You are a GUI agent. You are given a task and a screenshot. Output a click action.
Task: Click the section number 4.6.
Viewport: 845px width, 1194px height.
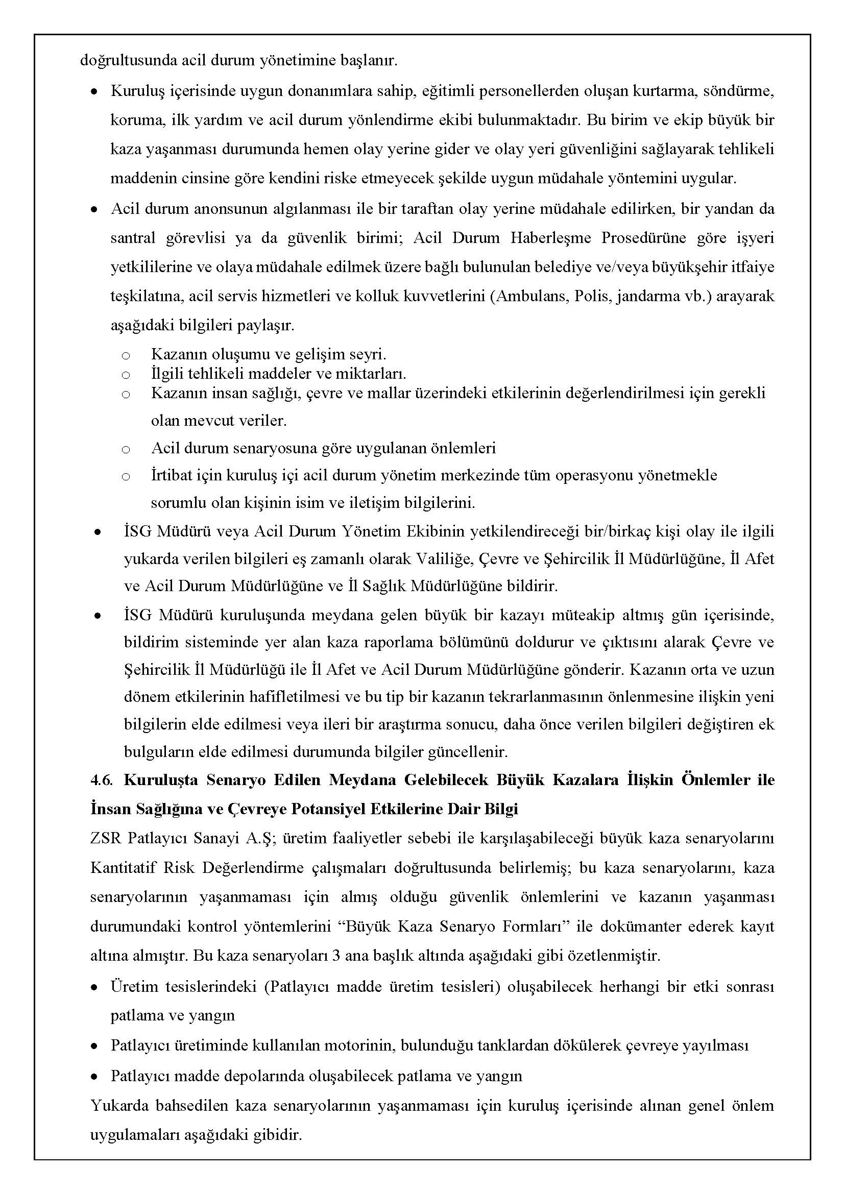(x=101, y=780)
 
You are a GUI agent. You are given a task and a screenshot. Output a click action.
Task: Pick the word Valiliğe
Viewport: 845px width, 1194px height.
(x=444, y=559)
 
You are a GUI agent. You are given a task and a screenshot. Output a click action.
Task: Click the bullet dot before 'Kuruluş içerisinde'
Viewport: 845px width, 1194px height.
(x=94, y=91)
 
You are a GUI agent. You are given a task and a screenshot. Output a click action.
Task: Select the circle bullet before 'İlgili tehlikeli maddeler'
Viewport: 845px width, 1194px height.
(x=126, y=375)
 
